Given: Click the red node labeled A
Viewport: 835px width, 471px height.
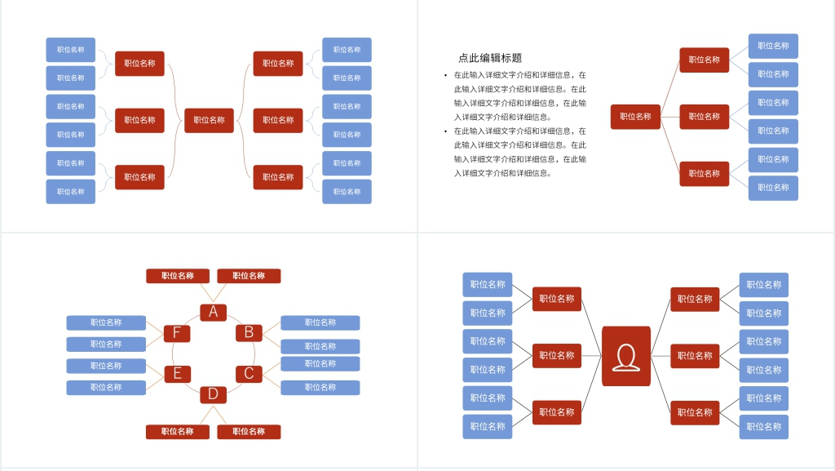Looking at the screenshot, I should pos(213,312).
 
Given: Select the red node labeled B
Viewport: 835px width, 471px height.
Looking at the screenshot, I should pos(249,332).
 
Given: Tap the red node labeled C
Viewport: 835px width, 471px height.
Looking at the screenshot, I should pos(249,374).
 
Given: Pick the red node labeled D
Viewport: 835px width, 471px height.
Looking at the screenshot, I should pos(213,394).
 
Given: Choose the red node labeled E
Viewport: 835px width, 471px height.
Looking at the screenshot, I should pos(177,374).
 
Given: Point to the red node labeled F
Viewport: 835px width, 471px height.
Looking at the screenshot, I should pos(177,333).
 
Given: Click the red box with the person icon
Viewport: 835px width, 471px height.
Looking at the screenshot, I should pos(626,356).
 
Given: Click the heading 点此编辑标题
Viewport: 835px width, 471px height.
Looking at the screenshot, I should pos(490,58).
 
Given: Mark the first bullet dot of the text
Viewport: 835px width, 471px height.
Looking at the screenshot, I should pos(445,75).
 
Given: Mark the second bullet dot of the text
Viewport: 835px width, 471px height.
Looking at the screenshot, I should pos(445,131).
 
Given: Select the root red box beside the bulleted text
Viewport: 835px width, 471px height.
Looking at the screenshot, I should pos(635,117).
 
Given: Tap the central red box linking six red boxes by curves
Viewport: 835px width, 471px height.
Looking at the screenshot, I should pos(209,120).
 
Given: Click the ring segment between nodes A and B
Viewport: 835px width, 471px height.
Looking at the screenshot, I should pos(233,318).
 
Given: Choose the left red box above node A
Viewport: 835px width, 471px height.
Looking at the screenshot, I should pos(178,276).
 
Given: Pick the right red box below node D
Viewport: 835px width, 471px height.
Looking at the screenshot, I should pos(249,432).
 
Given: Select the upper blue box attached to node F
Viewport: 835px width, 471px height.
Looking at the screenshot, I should pos(106,322).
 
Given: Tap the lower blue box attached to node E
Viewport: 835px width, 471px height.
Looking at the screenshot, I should pos(106,388).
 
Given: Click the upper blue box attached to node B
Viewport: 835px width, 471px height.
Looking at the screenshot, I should pos(320,322).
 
